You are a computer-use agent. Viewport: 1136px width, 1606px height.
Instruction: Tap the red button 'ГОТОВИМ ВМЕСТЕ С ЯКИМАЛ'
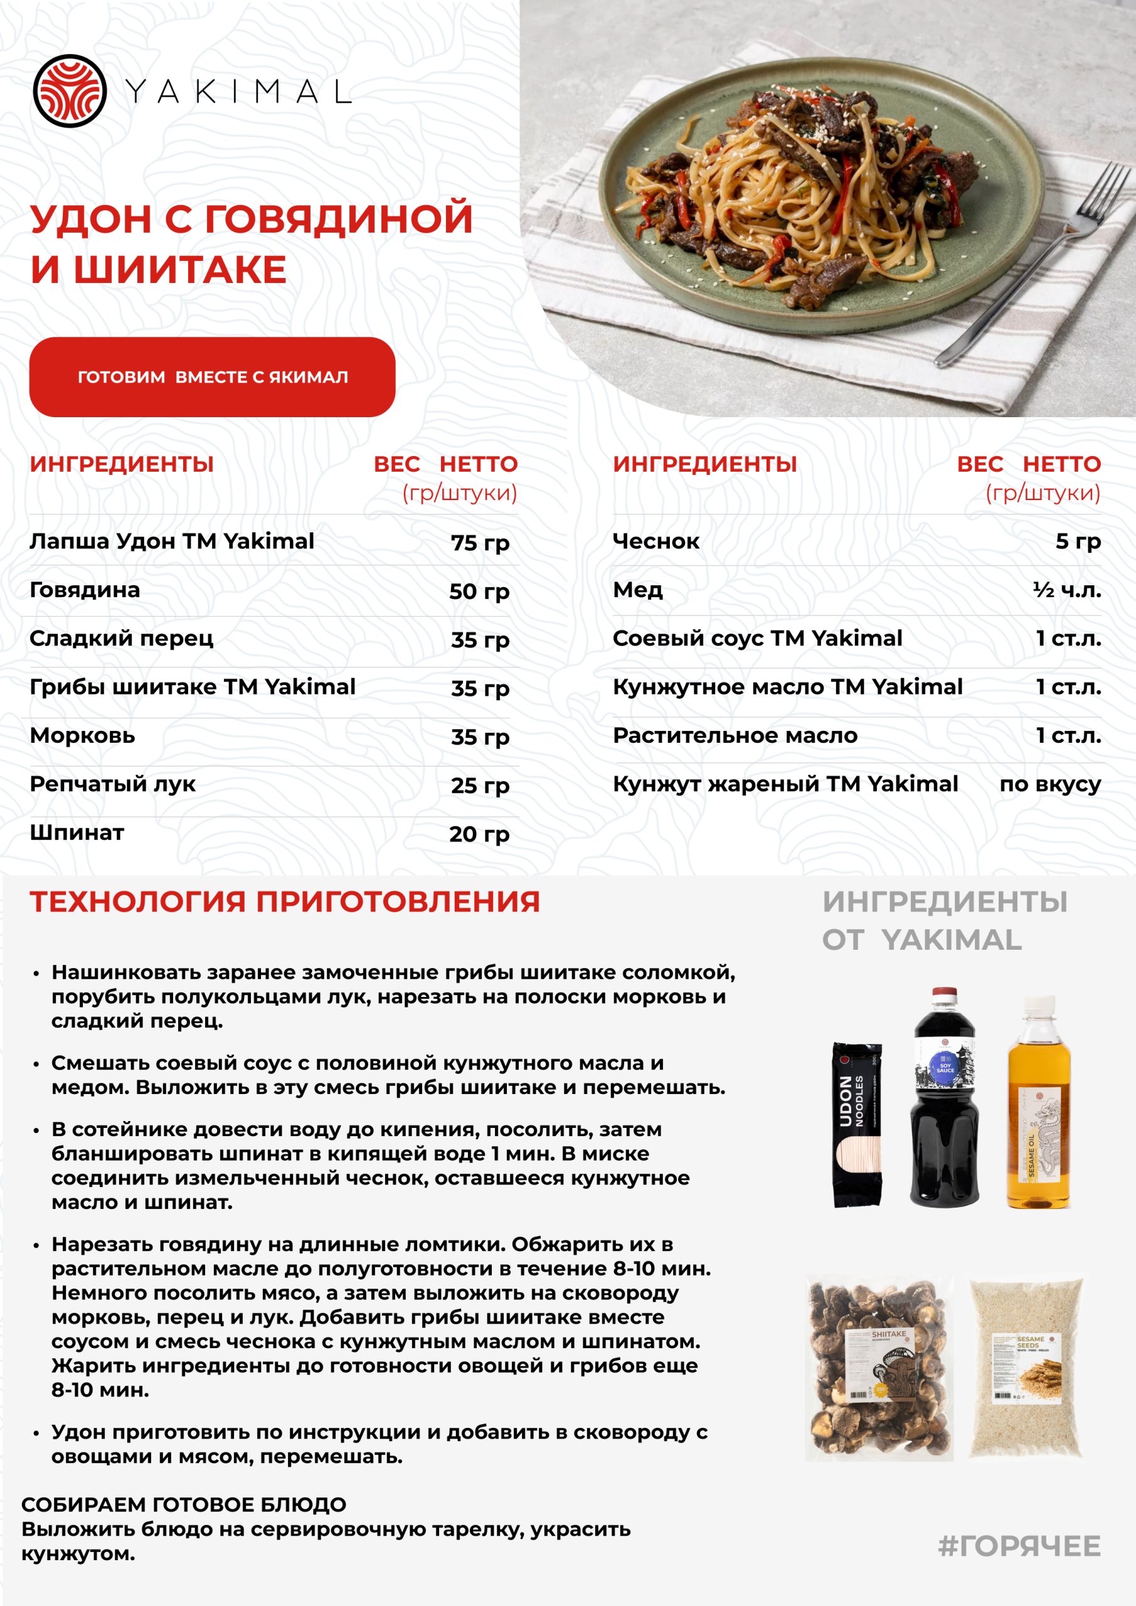tap(212, 377)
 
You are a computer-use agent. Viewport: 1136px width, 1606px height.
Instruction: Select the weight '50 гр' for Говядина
tap(479, 591)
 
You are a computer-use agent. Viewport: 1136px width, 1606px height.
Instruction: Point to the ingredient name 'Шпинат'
tap(77, 832)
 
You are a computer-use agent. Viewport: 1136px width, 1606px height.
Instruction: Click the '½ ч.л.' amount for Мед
tap(1067, 590)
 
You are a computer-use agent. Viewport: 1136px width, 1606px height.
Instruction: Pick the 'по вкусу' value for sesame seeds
tap(1050, 784)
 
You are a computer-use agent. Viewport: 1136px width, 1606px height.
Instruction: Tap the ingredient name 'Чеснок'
tap(656, 541)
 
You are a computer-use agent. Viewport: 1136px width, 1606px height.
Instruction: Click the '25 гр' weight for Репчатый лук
tap(480, 785)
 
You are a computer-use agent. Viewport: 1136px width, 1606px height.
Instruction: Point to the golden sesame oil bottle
tap(1038, 1112)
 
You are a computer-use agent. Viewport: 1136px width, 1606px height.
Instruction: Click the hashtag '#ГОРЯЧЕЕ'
tap(1019, 1545)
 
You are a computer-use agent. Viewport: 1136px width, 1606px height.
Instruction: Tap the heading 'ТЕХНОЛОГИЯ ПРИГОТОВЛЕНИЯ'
tap(285, 901)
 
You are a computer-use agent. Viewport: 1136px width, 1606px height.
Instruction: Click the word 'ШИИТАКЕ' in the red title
tap(181, 270)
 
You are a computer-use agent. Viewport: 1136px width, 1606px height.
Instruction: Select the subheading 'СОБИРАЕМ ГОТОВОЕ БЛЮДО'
tap(184, 1504)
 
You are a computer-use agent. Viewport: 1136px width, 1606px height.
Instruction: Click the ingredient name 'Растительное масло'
tap(735, 735)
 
